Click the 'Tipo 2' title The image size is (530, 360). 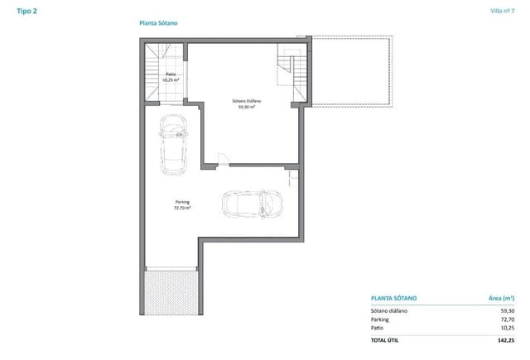[x=26, y=11]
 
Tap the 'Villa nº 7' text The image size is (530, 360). [x=501, y=11]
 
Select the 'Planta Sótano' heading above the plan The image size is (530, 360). [x=157, y=24]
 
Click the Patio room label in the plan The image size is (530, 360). [x=171, y=77]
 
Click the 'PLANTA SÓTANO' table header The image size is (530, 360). [x=393, y=297]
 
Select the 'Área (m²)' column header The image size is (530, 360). [x=499, y=297]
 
